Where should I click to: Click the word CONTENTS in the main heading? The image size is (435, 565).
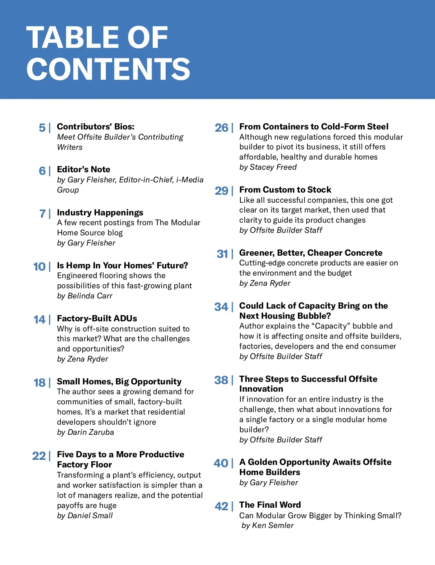(x=108, y=69)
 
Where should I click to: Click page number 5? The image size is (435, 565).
(x=42, y=128)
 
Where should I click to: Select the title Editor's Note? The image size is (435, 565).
(x=83, y=169)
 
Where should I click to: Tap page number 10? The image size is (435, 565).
(x=39, y=267)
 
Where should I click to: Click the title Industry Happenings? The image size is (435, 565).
(x=100, y=213)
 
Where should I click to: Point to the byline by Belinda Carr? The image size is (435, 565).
(x=84, y=296)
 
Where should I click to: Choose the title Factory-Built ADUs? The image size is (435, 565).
(x=97, y=318)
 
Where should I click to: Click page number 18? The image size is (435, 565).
(x=40, y=383)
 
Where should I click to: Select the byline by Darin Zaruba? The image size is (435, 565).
(x=85, y=432)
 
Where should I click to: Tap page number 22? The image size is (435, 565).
(x=39, y=456)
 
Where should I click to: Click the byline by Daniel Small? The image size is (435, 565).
(x=85, y=516)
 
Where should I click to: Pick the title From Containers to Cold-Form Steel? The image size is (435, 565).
(x=314, y=127)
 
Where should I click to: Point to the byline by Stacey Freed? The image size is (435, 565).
(x=268, y=167)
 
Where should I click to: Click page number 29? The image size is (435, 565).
(x=221, y=191)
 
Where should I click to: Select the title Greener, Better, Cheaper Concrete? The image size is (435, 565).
(x=311, y=253)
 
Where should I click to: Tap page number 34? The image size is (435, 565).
(x=221, y=307)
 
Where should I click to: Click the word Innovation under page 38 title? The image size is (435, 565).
(x=261, y=389)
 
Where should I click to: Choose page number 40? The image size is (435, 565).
(x=221, y=463)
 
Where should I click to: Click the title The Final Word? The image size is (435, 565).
(x=270, y=505)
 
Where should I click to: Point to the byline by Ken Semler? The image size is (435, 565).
(x=268, y=525)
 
